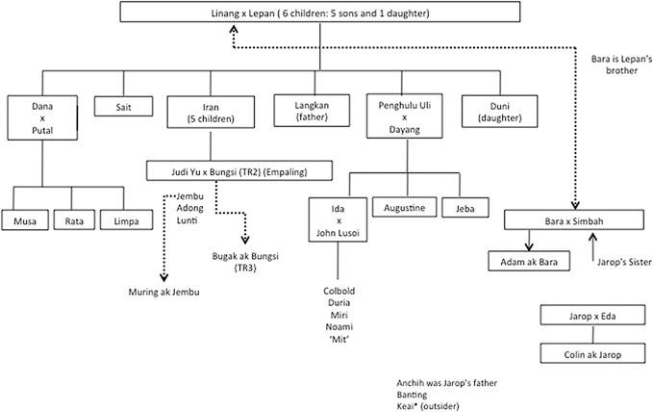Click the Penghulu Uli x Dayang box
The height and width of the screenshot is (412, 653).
coord(403,115)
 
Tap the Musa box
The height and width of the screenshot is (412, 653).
coord(25,220)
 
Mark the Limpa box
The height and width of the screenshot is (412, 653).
coord(125,220)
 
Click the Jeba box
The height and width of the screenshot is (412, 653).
coord(465,208)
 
